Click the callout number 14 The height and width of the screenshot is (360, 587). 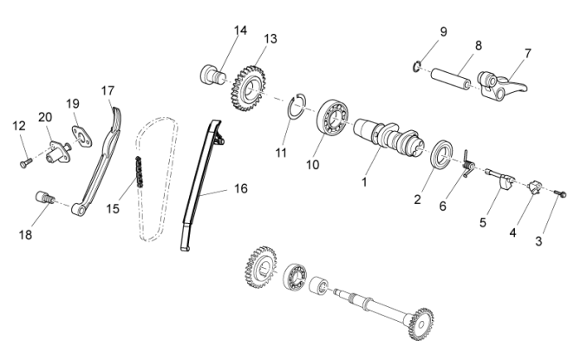tap(240, 30)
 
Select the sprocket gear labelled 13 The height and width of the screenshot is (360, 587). tap(249, 85)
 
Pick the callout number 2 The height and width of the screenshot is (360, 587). tap(417, 200)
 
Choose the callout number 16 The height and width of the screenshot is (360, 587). tap(240, 187)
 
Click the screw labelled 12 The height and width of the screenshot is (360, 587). tap(24, 162)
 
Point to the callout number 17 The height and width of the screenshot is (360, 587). tap(108, 90)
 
